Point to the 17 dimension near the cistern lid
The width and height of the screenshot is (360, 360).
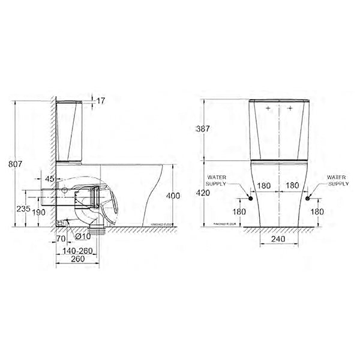tap(101, 101)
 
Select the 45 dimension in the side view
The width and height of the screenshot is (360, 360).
tap(49, 178)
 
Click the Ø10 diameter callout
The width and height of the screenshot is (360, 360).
tap(82, 237)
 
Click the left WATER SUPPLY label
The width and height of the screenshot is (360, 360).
tap(218, 181)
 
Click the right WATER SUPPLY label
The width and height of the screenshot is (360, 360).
tap(338, 181)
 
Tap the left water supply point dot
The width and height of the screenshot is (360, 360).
tap(249, 198)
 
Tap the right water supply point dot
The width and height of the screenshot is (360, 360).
tap(307, 198)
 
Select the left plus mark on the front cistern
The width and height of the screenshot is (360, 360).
tap(267, 109)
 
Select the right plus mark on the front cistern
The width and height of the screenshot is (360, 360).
tap(290, 109)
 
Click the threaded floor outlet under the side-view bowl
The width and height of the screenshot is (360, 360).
tap(95, 230)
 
